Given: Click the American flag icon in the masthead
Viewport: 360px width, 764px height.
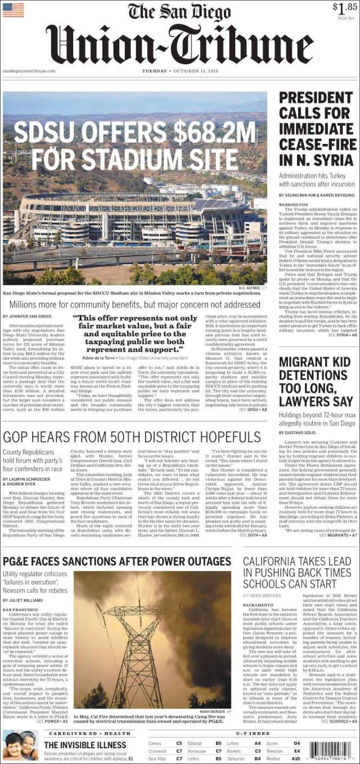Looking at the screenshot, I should click(x=13, y=10).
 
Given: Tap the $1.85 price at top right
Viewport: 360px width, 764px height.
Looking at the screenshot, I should click(x=343, y=8).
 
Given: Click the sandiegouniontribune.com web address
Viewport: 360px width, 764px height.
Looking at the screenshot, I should click(x=29, y=71).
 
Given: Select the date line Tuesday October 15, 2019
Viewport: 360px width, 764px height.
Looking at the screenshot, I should click(x=179, y=71).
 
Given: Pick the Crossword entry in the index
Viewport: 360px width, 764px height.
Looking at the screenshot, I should click(x=157, y=751).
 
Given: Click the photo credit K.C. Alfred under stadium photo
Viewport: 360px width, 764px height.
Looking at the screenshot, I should click(x=248, y=288).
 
